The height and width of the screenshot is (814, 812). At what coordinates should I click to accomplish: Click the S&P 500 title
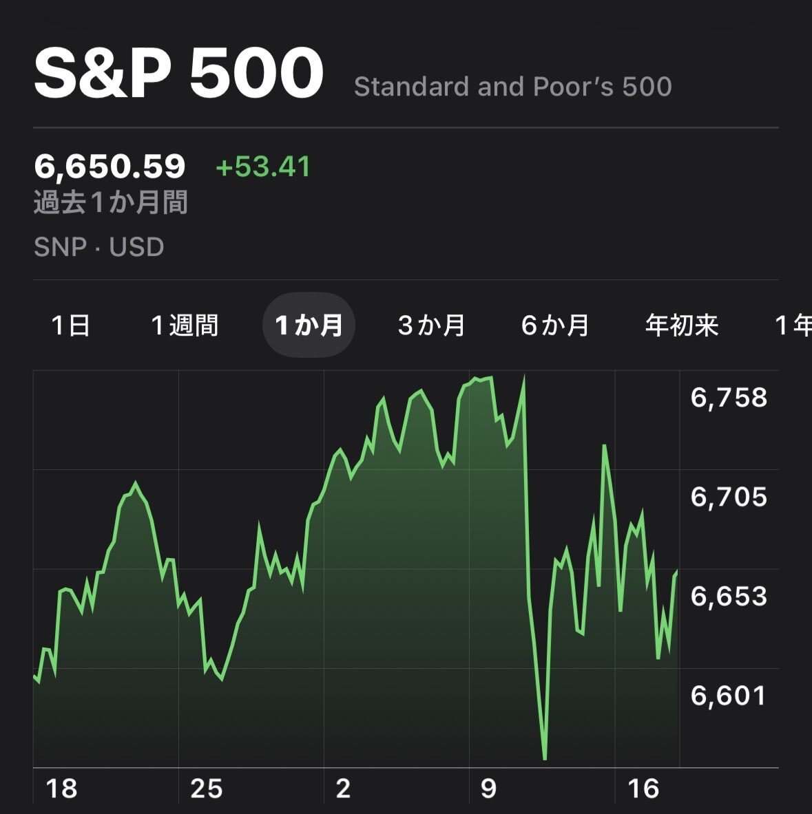(x=178, y=74)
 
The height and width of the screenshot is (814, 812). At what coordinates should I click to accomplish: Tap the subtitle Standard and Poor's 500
(x=512, y=87)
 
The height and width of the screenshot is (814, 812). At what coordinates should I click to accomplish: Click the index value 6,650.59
(x=110, y=167)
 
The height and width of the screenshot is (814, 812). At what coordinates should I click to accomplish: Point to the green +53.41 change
(x=263, y=167)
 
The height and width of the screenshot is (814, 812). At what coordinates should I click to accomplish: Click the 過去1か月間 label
(x=110, y=203)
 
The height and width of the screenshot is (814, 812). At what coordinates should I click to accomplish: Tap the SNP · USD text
(x=98, y=247)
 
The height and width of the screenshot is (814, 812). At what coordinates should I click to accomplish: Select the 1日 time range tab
(x=71, y=325)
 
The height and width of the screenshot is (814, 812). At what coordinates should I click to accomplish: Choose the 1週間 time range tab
(x=184, y=325)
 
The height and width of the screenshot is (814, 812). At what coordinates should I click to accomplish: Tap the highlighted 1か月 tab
(x=308, y=325)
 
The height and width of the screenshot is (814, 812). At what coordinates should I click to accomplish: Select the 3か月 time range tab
(x=431, y=325)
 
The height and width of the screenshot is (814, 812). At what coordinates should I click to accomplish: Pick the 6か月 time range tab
(x=555, y=325)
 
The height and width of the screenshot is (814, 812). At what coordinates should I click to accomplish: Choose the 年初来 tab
(x=681, y=325)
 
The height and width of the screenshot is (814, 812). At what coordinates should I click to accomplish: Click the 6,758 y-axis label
(x=729, y=398)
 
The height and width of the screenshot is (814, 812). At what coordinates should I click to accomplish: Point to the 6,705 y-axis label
(x=729, y=497)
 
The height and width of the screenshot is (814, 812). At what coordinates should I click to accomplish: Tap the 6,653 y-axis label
(x=729, y=597)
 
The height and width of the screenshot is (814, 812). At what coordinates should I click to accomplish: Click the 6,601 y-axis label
(x=729, y=696)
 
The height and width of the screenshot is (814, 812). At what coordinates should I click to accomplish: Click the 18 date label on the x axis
(x=61, y=789)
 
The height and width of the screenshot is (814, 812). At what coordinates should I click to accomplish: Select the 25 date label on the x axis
(x=206, y=789)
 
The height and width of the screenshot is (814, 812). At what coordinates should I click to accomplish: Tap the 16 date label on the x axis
(x=643, y=789)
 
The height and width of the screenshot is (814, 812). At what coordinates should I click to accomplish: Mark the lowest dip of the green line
(x=545, y=759)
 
